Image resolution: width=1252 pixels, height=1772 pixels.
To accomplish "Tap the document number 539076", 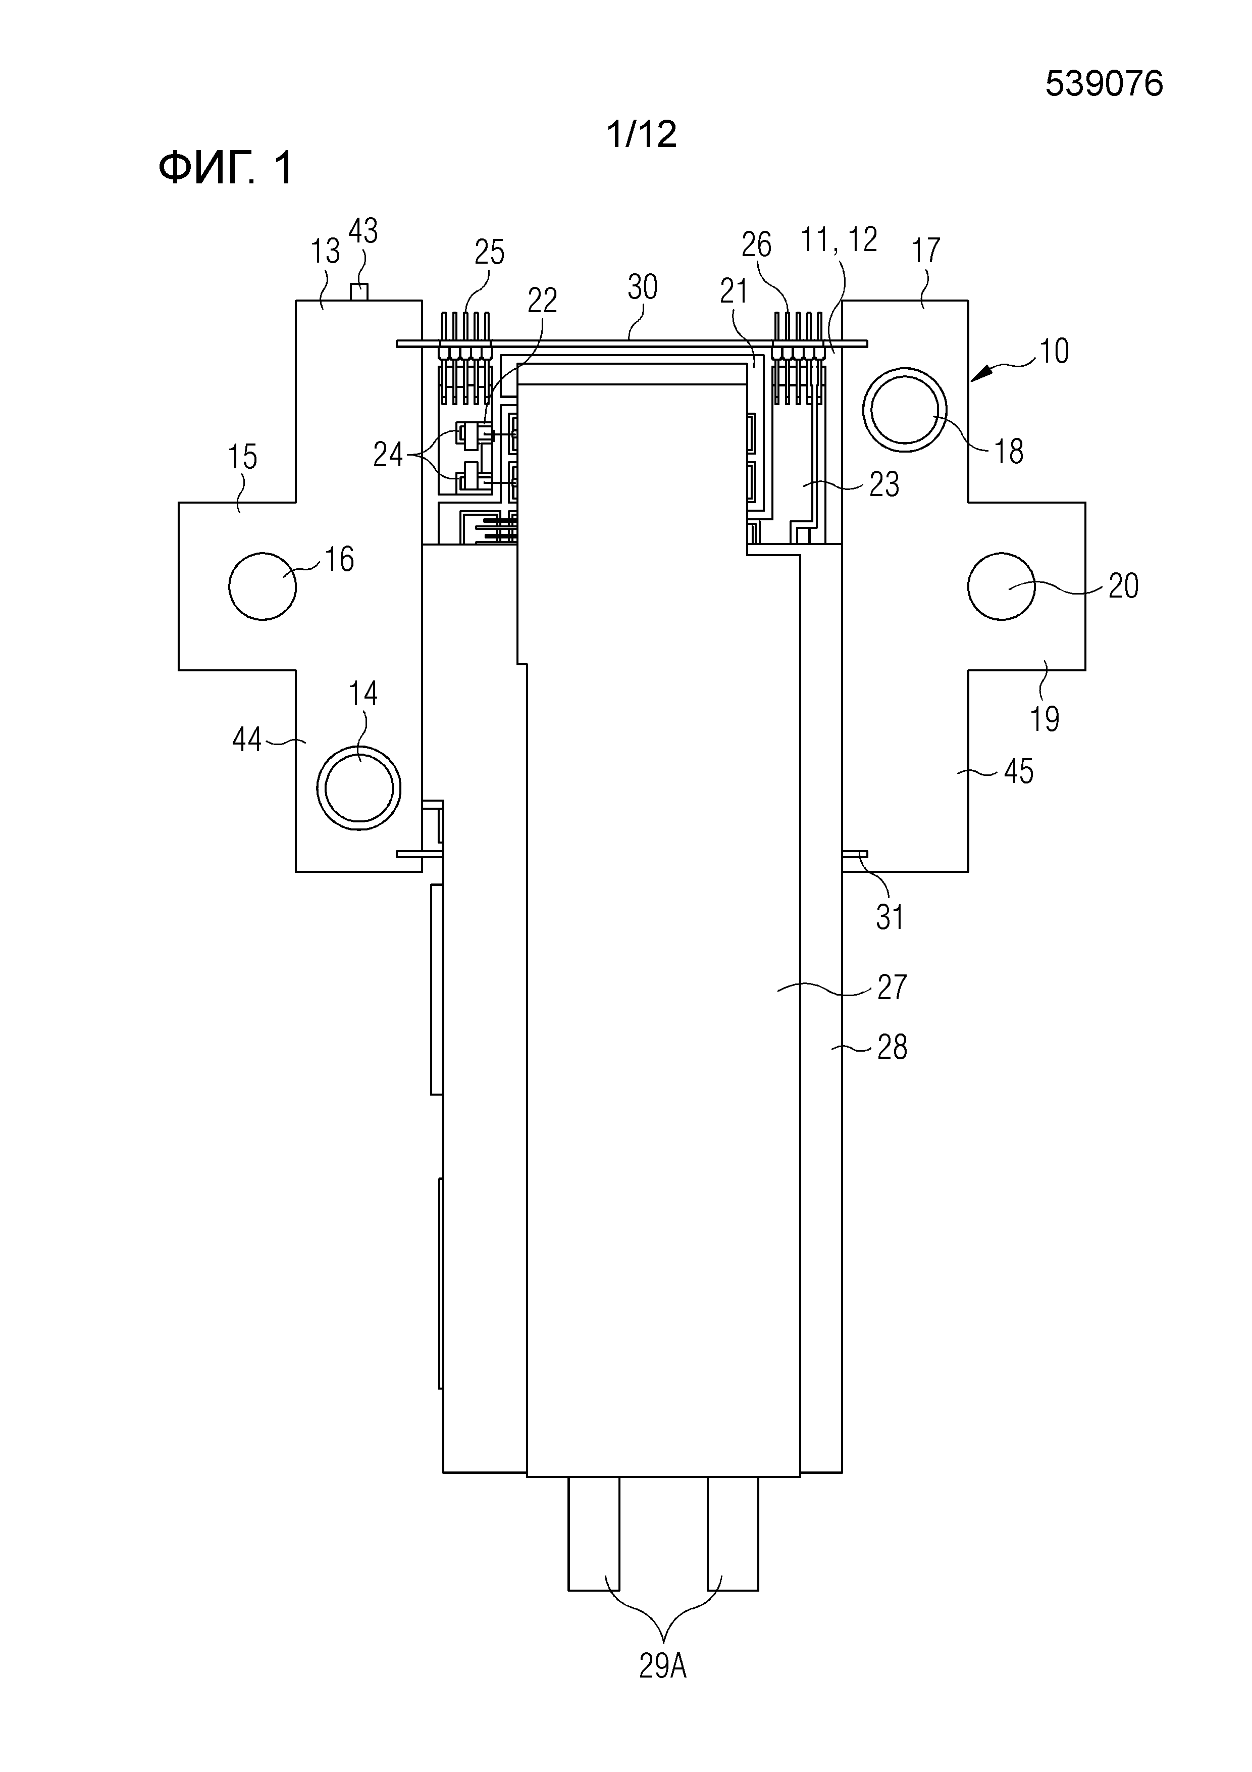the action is coord(1104,83).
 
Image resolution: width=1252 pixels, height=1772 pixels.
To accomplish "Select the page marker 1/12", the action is coord(642,134).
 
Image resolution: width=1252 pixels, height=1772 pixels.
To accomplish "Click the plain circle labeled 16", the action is coord(263,586).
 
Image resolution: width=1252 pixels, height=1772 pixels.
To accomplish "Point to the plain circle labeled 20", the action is coord(1001,586).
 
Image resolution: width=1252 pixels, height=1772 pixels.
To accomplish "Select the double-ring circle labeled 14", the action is coord(359,788).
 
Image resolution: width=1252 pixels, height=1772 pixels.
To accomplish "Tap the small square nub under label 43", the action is coord(359,292).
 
